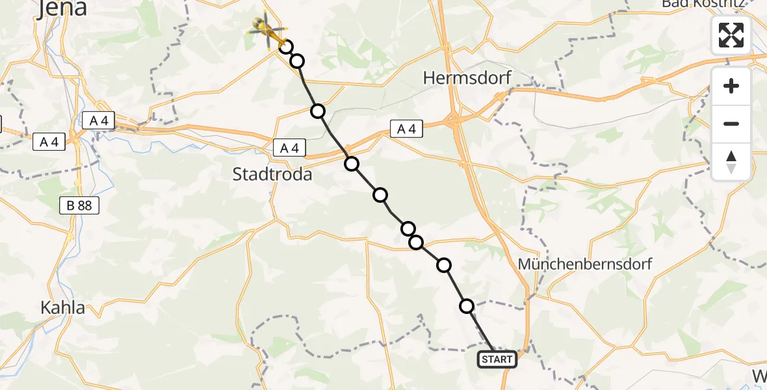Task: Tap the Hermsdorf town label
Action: point(467,78)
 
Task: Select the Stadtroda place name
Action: point(272,174)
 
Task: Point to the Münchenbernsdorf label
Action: point(584,265)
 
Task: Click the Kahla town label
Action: point(62,307)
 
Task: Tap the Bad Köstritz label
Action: point(712,4)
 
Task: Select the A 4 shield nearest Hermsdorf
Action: point(406,129)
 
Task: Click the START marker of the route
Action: point(497,359)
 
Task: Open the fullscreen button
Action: point(731,35)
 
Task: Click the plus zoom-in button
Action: point(731,86)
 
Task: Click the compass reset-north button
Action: point(731,161)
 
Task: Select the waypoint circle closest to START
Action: point(467,305)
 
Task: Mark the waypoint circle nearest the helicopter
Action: point(285,46)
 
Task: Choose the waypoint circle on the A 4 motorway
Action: point(352,163)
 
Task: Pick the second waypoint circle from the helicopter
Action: point(297,61)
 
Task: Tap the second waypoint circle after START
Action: point(444,265)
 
